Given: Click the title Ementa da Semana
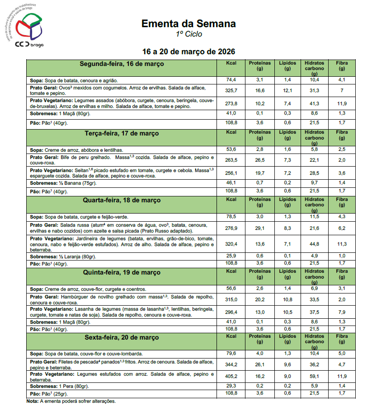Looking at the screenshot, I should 188,23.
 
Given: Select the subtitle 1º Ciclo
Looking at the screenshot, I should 189,34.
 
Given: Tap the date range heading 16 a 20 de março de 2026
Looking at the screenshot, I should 188,51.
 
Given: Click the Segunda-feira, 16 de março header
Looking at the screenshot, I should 122,64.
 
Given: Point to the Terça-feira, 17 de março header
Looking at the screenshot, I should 122,134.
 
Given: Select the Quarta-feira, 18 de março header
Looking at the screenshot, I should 122,200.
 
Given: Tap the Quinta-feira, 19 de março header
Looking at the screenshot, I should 122,272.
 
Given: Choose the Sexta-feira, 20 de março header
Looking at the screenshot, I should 122,337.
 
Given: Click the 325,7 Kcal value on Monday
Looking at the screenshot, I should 231,90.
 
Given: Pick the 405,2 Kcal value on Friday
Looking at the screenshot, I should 231,376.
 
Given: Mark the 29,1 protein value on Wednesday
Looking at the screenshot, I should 260,228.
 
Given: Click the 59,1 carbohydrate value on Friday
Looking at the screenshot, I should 314,376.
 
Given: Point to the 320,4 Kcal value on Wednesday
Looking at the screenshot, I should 231,244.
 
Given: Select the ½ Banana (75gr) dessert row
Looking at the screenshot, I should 63,183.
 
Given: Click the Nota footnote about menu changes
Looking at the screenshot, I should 71,401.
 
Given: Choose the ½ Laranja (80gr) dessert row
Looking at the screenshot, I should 63,256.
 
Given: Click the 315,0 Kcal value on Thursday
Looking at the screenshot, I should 231,299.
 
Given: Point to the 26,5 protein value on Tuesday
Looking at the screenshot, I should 260,159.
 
